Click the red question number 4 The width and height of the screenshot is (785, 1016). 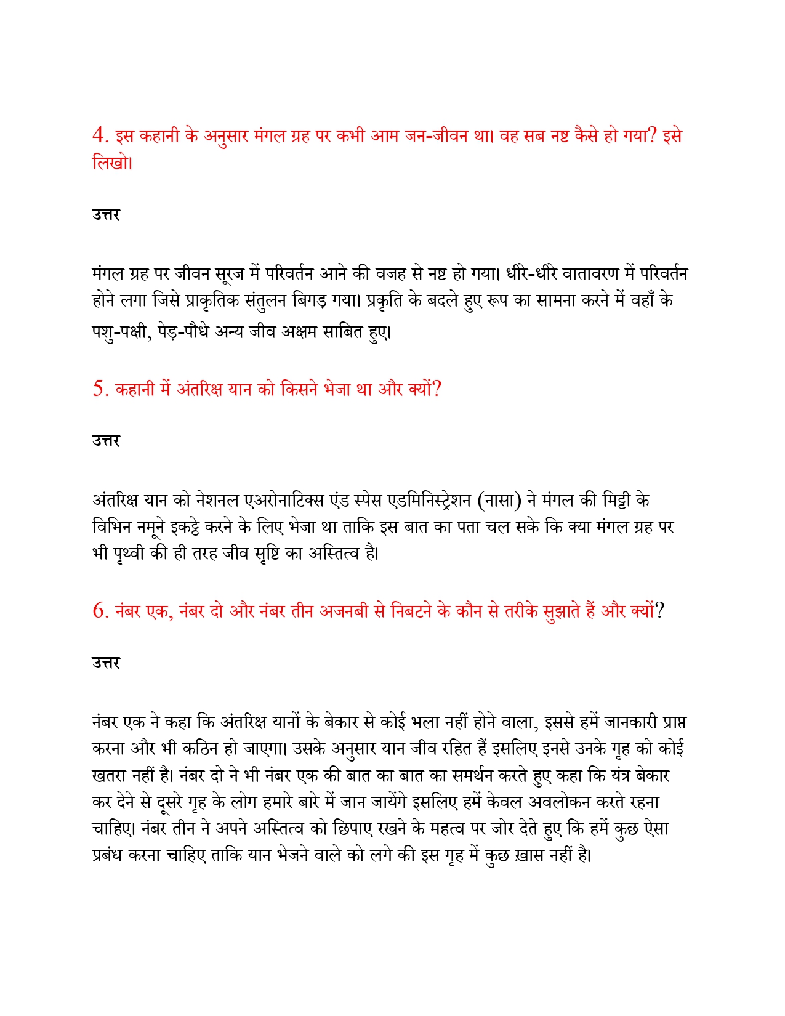pyautogui.click(x=99, y=135)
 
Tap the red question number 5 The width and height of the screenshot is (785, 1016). pyautogui.click(x=99, y=389)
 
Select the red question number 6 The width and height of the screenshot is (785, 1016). pyautogui.click(x=99, y=611)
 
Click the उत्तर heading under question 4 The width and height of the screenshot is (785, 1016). pyautogui.click(x=106, y=215)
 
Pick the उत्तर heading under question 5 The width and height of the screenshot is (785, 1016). pyautogui.click(x=106, y=441)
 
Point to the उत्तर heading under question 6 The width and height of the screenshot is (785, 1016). pyautogui.click(x=106, y=663)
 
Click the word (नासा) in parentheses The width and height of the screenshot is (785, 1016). pyautogui.click(x=499, y=501)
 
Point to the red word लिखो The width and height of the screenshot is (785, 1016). pyautogui.click(x=111, y=163)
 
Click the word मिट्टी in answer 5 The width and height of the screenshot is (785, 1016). pyautogui.click(x=616, y=501)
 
